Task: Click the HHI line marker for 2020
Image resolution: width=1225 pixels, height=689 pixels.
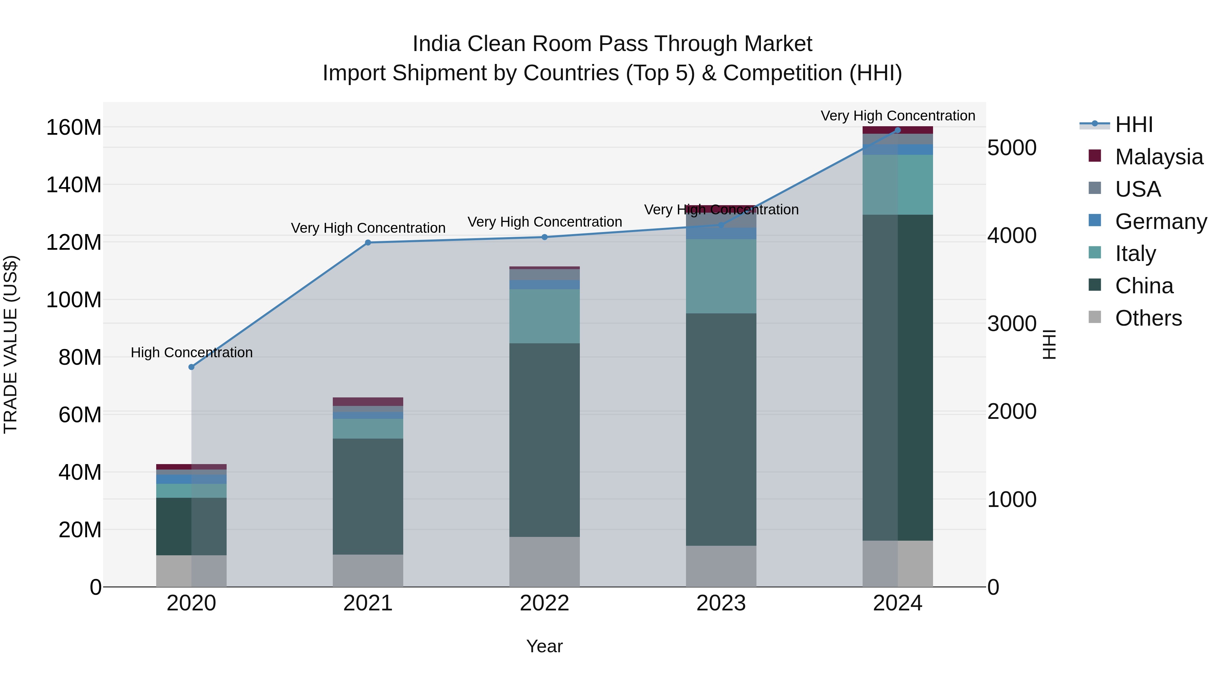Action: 192,367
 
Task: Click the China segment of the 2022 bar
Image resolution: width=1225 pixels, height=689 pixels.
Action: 544,440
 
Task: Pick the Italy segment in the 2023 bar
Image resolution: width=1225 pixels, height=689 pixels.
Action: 721,276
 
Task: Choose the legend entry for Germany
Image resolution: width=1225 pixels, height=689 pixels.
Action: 1160,222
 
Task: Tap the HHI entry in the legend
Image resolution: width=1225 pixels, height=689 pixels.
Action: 1134,125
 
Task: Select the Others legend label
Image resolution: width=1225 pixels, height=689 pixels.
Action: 1148,318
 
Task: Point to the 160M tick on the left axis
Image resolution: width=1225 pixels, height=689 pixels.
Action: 74,128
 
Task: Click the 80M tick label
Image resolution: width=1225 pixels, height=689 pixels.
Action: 80,357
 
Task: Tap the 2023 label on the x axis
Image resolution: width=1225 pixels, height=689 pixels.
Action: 721,603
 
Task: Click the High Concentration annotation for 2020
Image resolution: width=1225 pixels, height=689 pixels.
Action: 192,352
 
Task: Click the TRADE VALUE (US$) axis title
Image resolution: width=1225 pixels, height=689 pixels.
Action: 11,344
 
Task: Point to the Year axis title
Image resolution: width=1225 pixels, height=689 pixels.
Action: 544,646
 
